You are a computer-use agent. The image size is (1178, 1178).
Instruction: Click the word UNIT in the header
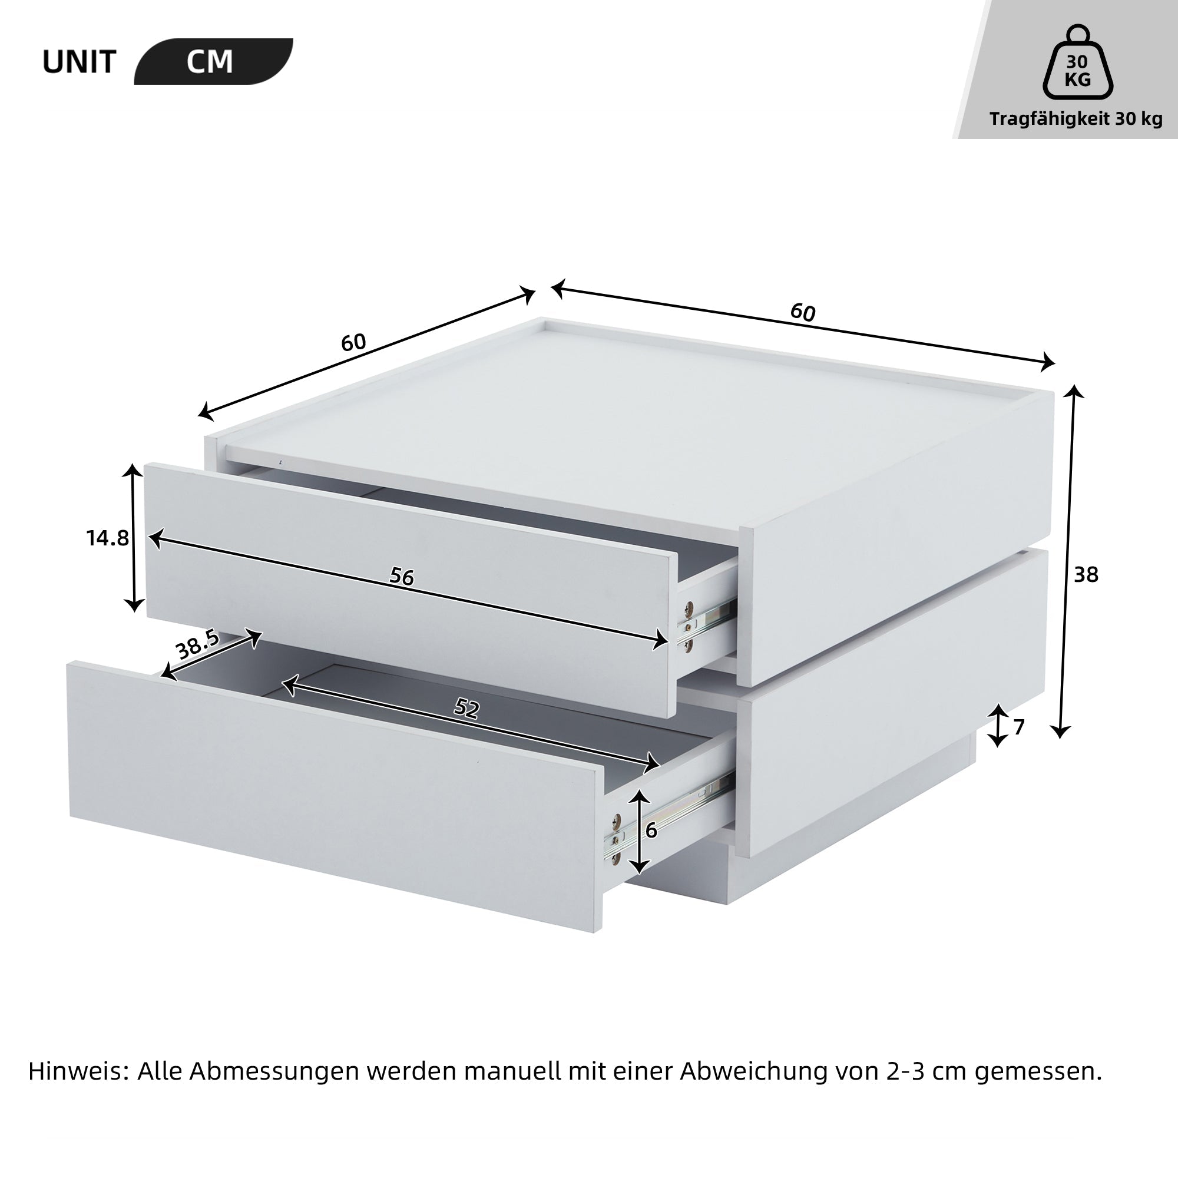tap(80, 62)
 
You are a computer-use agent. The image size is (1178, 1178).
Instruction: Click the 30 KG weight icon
tap(1077, 63)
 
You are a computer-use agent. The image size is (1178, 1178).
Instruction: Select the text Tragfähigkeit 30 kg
tap(1076, 119)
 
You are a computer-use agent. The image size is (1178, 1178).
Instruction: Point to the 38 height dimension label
tap(1086, 575)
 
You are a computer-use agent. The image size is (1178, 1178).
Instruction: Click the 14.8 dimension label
tap(107, 538)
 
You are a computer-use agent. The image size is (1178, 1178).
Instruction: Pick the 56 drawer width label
tap(402, 577)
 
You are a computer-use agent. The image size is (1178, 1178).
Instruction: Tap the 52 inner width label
tap(467, 709)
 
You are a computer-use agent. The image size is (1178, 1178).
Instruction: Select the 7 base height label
tap(1019, 727)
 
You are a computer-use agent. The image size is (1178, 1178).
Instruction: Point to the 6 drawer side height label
tap(651, 830)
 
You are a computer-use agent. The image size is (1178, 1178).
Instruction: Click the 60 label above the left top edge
tap(353, 343)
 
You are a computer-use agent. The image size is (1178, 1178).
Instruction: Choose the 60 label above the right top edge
tap(802, 312)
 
